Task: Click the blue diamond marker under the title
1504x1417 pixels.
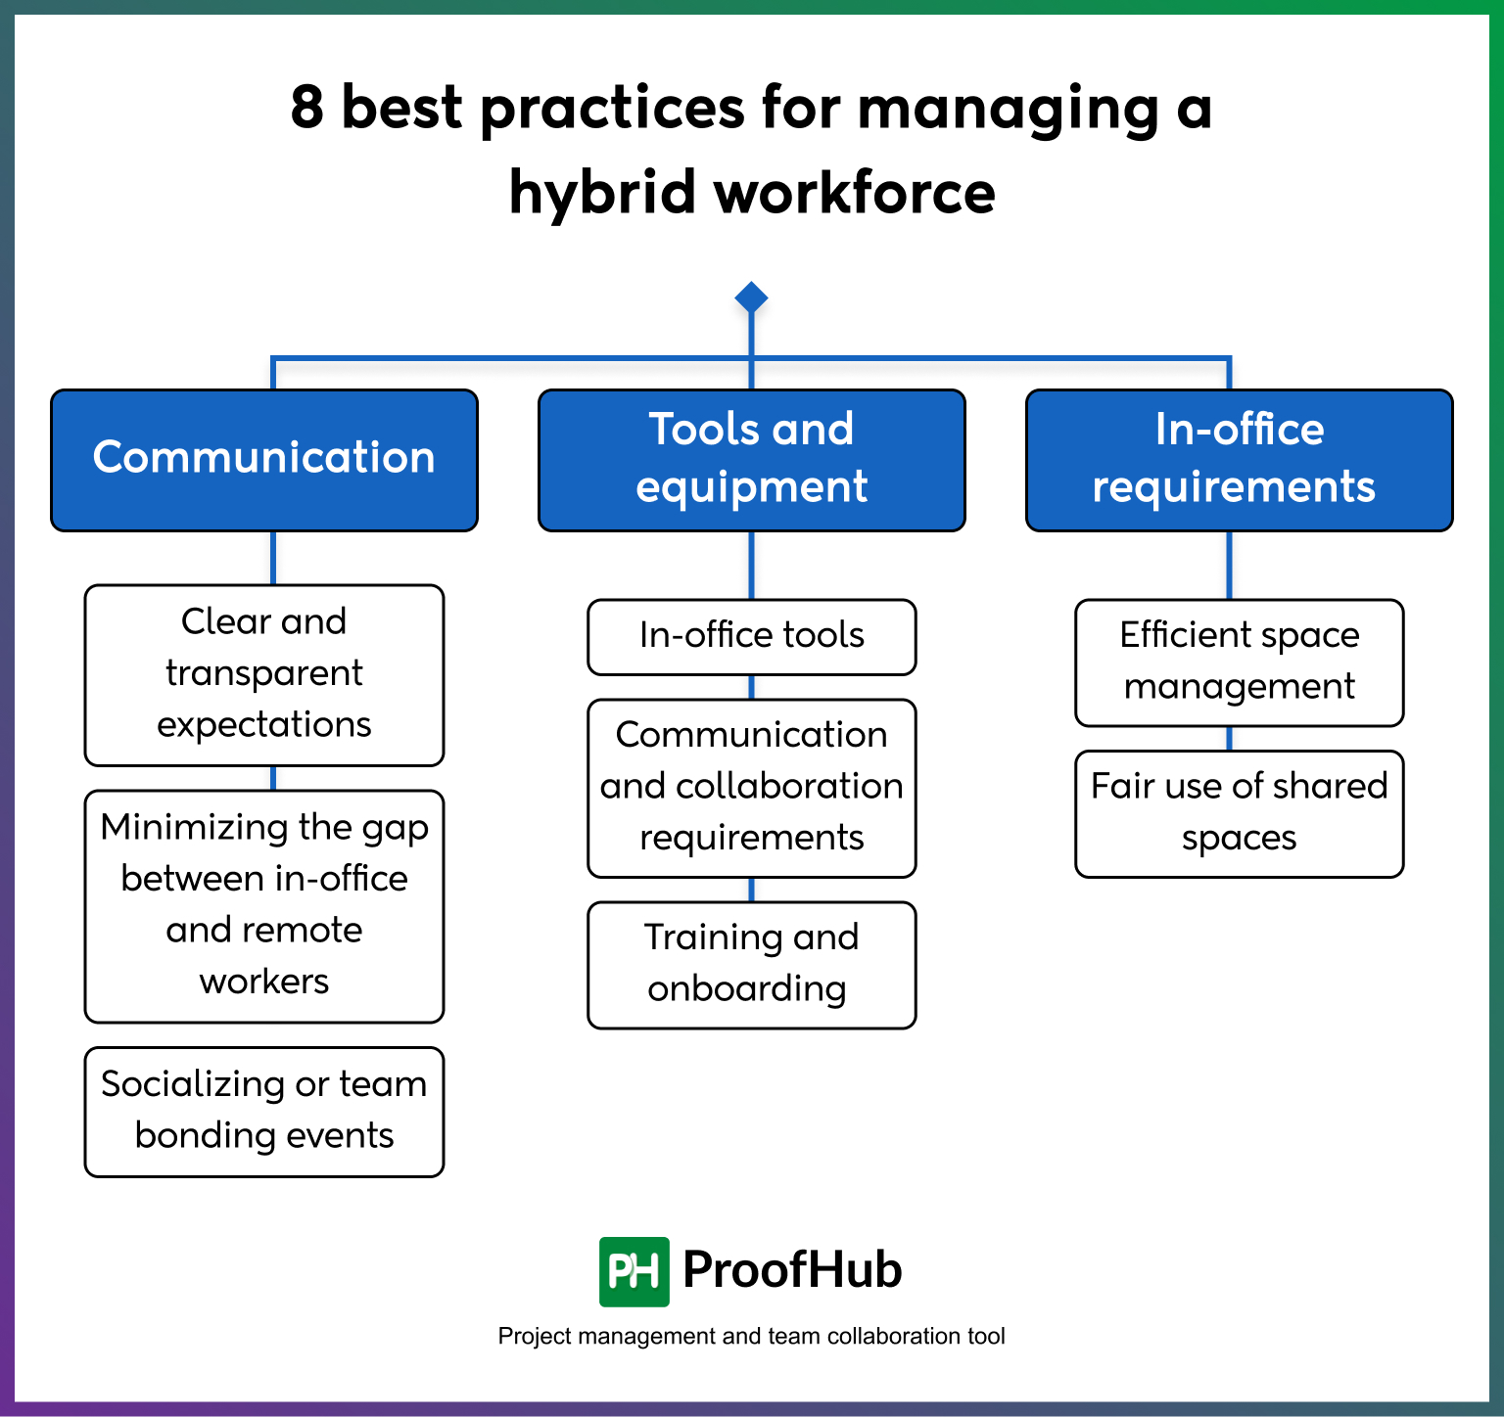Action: tap(751, 297)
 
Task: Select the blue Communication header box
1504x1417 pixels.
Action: tap(264, 460)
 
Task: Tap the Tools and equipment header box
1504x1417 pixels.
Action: tap(751, 460)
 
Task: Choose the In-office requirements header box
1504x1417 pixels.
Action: tap(1239, 460)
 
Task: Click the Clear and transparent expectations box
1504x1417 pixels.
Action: tap(264, 674)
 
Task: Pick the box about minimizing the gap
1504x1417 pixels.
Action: tap(264, 905)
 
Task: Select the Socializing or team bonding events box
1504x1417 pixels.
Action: tap(264, 1111)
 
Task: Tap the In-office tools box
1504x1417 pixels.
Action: tap(751, 636)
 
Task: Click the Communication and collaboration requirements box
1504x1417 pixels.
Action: tap(751, 787)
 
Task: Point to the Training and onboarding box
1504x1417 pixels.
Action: tap(751, 964)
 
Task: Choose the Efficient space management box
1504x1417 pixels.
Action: tap(1239, 662)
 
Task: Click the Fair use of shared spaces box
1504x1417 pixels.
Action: tap(1239, 812)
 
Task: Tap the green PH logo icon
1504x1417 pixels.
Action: tap(634, 1271)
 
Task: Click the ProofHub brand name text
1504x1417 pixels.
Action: tap(792, 1270)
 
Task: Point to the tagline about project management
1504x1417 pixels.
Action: tap(751, 1337)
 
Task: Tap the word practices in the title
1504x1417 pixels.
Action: tap(612, 109)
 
